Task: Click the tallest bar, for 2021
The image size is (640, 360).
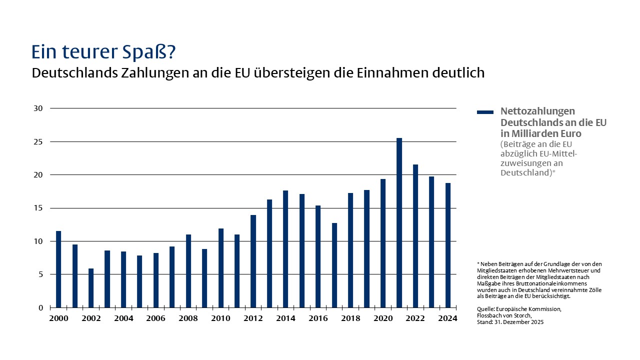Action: [x=399, y=222]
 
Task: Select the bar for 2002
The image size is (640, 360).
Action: [x=91, y=288]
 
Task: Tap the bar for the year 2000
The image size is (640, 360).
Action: [x=58, y=269]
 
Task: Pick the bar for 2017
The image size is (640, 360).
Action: [x=334, y=265]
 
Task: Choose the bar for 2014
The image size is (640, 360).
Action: [x=285, y=249]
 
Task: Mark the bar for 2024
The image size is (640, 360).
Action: [x=447, y=245]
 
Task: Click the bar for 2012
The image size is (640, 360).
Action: [x=253, y=261]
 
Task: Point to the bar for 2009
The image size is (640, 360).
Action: [x=204, y=278]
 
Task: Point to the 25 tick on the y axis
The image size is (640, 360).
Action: [x=39, y=141]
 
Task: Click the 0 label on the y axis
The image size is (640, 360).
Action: [x=41, y=307]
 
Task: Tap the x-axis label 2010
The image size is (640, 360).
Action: [x=220, y=318]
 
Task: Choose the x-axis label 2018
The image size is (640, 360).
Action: [x=350, y=318]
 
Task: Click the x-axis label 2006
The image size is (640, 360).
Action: [x=156, y=318]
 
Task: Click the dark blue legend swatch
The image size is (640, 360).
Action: [x=485, y=112]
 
